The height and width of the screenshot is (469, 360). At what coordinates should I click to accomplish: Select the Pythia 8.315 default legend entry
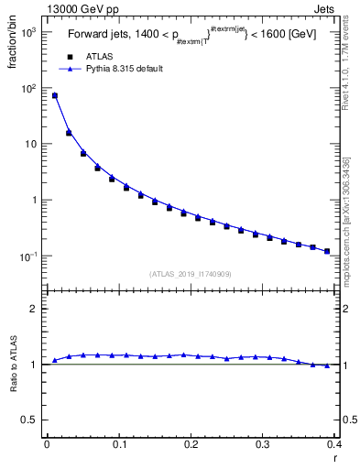[x=115, y=69]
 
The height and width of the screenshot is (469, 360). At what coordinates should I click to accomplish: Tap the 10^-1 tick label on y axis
[x=27, y=256]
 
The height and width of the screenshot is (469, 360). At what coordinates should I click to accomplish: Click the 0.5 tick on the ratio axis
[x=30, y=420]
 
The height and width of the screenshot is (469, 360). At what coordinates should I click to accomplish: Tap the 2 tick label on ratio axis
[x=35, y=309]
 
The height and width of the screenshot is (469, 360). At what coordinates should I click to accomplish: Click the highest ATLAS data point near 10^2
[x=54, y=95]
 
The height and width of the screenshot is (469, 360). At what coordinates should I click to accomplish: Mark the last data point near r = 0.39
[x=327, y=251]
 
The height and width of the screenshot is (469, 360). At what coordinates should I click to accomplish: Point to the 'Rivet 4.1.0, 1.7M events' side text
[x=352, y=64]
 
